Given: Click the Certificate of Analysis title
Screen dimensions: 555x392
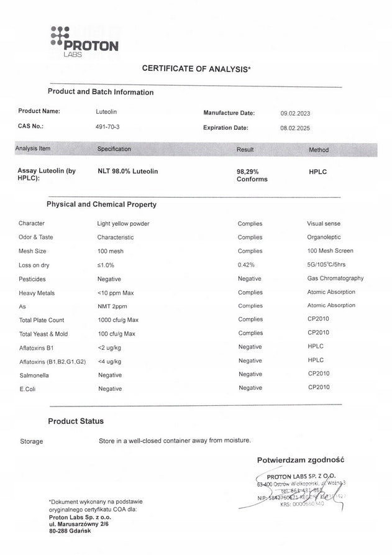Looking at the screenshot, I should click(x=196, y=69).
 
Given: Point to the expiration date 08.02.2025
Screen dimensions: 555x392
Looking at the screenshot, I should click(x=295, y=128).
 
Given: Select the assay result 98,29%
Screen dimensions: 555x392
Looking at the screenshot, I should click(x=247, y=171).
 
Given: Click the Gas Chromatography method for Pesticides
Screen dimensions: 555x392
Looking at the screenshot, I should click(x=335, y=278).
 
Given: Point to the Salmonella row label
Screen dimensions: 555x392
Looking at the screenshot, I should click(x=35, y=375).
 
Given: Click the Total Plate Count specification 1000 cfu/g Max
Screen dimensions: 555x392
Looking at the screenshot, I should click(x=125, y=320).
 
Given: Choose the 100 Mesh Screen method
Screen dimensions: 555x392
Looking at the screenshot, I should click(x=330, y=251).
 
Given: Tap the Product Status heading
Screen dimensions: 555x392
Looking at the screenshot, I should click(x=76, y=421).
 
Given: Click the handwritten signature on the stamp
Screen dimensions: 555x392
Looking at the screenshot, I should click(x=323, y=495).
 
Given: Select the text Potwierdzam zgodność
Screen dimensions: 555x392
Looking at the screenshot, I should click(x=301, y=461).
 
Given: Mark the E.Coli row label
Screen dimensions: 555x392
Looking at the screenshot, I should click(x=28, y=388).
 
